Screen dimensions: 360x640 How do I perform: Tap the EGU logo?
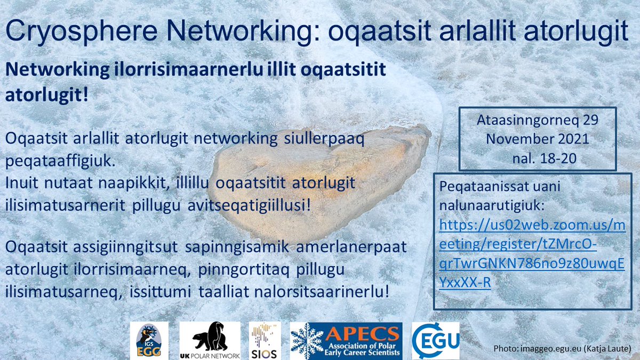[435, 340]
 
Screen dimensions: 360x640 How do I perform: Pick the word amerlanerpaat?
[351, 249]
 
